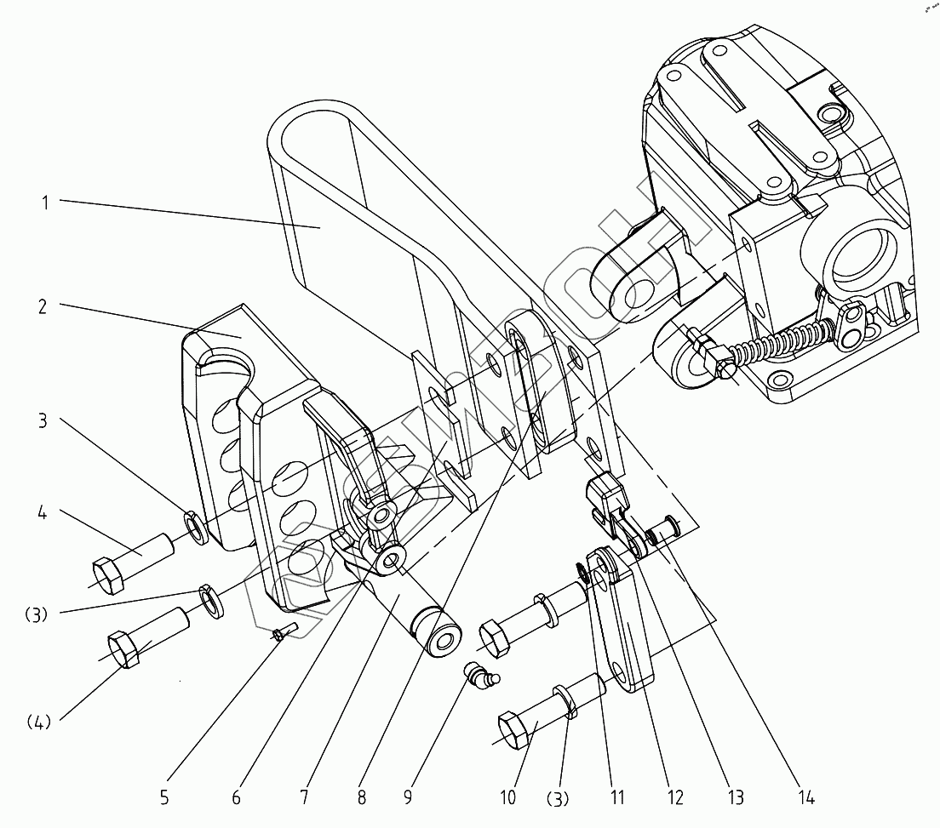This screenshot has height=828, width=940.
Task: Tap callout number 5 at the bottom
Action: (164, 798)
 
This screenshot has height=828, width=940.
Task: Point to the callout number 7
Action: (304, 798)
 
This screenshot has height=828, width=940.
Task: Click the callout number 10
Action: (507, 798)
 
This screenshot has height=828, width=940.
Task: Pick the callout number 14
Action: (806, 798)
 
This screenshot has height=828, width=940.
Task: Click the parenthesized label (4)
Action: (37, 722)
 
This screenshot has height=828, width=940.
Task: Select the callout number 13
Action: (735, 798)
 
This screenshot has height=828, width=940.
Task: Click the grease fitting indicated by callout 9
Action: (482, 676)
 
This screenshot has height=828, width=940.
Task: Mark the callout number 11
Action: (617, 798)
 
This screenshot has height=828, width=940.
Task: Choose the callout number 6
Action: (236, 798)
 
